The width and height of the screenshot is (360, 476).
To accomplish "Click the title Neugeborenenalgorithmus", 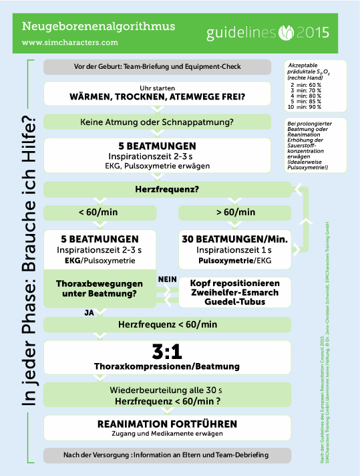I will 98,26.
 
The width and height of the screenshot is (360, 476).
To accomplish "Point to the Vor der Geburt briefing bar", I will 158,67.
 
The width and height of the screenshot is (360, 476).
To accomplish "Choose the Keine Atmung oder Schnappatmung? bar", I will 158,122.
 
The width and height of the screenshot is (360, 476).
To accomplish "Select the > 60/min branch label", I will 236,213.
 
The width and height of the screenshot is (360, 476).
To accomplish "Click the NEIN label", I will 167,277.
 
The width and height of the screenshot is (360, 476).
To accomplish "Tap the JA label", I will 89,312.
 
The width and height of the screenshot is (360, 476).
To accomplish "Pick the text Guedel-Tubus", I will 235,302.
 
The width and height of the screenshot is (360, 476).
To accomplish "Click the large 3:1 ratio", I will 167,353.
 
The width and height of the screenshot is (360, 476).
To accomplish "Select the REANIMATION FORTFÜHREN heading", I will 167,424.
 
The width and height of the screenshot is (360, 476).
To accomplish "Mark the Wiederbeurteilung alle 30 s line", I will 167,390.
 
